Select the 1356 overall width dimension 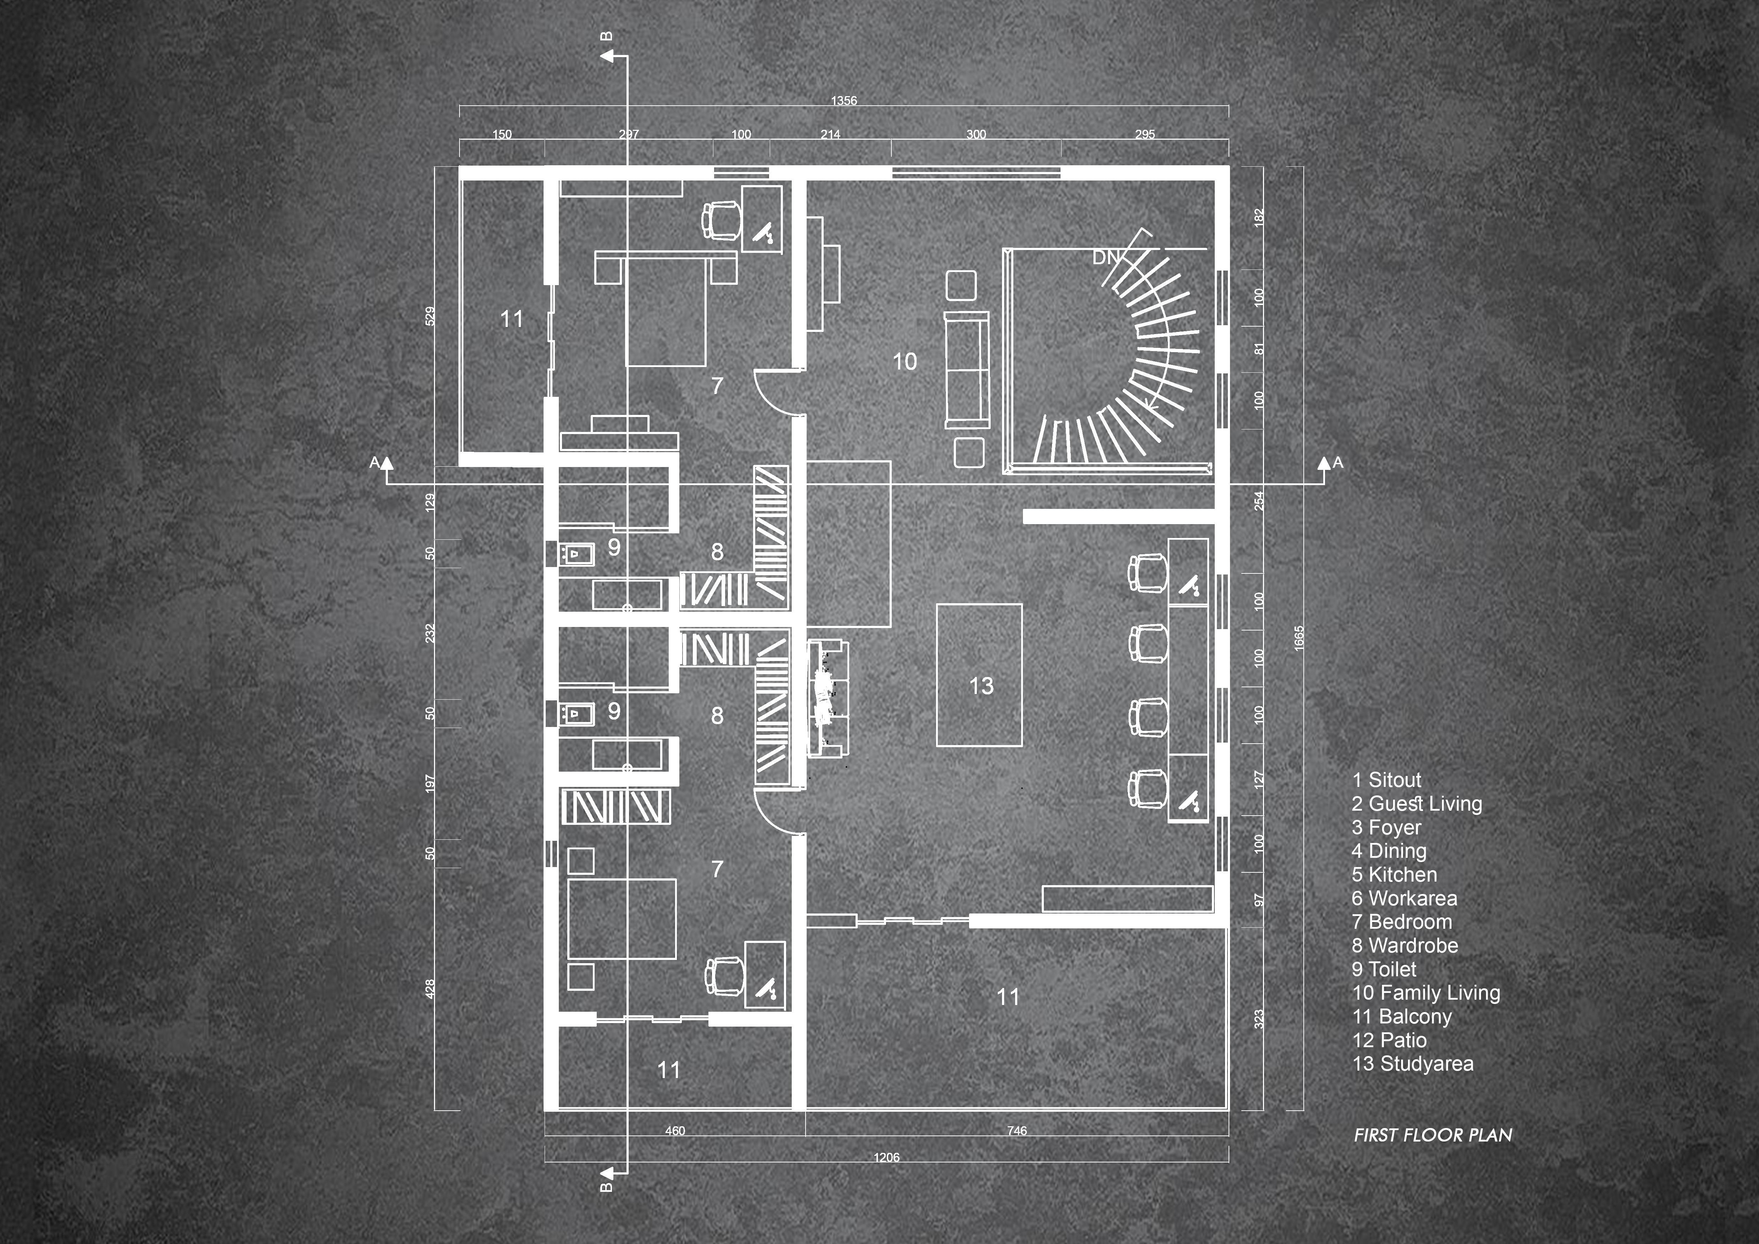(844, 100)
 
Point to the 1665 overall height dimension (1298, 638)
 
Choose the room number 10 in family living (905, 362)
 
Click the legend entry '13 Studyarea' (1413, 1064)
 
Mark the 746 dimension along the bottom (1017, 1131)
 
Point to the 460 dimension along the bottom (675, 1131)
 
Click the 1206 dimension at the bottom (886, 1157)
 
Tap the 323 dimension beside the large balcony (1259, 1019)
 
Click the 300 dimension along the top (976, 134)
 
